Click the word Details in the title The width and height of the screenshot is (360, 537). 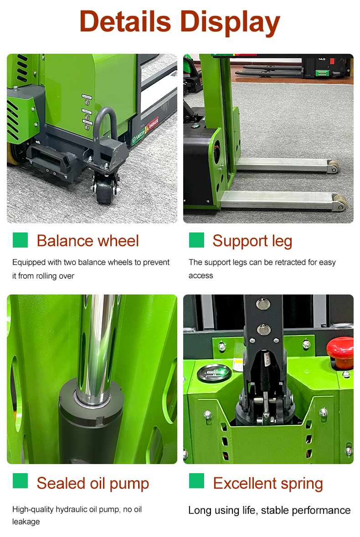point(125,21)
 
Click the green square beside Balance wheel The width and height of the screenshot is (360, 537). point(20,240)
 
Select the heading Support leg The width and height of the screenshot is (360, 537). point(252,241)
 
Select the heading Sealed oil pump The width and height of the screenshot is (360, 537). point(93,483)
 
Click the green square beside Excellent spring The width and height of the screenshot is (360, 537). point(196,480)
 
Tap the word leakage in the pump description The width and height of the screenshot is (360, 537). point(26,522)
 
